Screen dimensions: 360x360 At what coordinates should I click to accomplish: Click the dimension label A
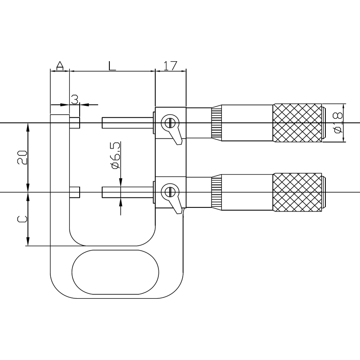[60, 66]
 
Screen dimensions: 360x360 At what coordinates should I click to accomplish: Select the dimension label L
[112, 66]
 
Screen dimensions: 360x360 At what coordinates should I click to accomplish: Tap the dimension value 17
[171, 66]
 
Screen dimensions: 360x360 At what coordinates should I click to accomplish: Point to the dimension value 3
[75, 99]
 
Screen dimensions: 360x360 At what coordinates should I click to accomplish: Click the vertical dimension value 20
[22, 157]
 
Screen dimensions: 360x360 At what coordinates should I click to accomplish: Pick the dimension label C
[22, 219]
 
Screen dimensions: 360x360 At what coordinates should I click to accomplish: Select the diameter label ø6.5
[115, 155]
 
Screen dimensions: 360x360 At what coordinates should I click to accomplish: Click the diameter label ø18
[338, 123]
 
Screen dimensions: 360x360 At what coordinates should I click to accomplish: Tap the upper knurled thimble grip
[297, 123]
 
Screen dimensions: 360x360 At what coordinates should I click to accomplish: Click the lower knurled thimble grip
[297, 192]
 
